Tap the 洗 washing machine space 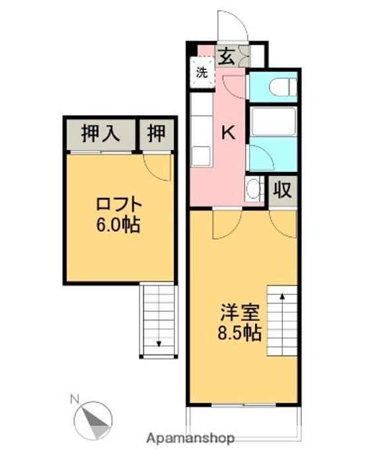click(202, 72)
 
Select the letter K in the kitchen click(227, 133)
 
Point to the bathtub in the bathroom click(272, 122)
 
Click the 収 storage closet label click(283, 190)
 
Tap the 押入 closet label click(100, 134)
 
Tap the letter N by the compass click(75, 399)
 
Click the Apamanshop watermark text click(190, 438)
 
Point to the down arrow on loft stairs click(159, 342)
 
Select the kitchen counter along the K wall click(200, 129)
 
